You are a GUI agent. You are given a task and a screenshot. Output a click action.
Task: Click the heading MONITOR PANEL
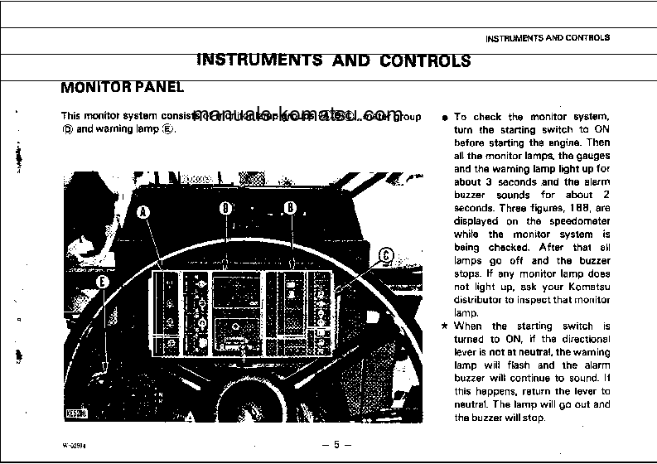(x=123, y=87)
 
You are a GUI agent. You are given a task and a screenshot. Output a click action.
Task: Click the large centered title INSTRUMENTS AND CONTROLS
(x=333, y=60)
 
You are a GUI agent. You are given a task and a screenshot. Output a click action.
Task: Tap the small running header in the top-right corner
(x=547, y=38)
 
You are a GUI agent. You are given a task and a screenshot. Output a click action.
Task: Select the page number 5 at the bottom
(x=336, y=444)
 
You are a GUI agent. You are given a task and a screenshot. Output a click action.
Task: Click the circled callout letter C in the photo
(x=386, y=256)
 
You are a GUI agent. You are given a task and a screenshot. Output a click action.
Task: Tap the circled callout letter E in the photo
(x=101, y=282)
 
